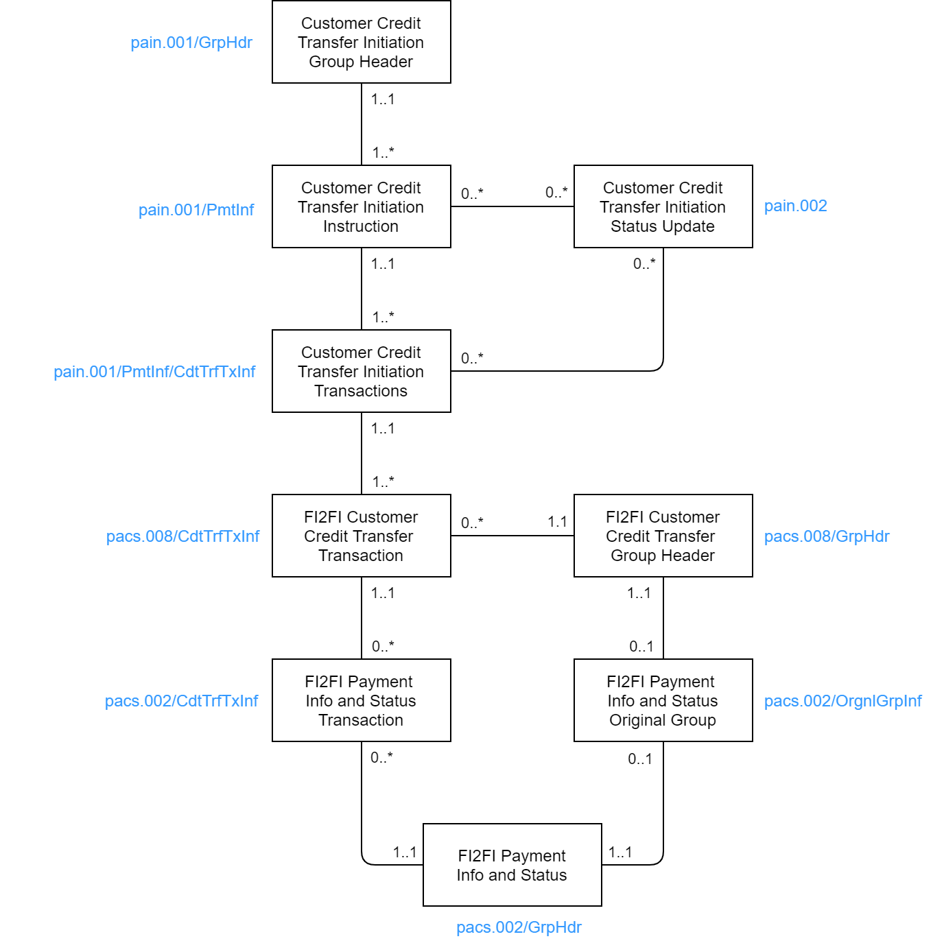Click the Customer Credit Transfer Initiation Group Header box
pos(361,43)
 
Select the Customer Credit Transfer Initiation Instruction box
pos(361,206)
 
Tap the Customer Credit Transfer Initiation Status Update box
pos(663,206)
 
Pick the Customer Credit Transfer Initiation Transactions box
pos(361,371)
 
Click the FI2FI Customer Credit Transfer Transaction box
pos(361,536)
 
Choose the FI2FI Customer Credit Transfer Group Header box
pos(663,536)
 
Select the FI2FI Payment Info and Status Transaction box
pos(361,700)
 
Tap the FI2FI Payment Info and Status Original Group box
pos(663,700)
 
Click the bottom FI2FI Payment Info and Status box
pos(512,865)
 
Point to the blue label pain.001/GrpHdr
pos(191,43)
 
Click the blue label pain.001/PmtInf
pos(196,210)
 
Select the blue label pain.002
pos(795,206)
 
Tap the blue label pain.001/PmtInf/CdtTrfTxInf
pos(154,372)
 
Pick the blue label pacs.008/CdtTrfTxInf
pos(182,536)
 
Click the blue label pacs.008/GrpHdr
pos(827,536)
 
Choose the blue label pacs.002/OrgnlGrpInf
pos(842,701)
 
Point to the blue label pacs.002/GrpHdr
pos(519,927)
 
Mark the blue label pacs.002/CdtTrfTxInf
pos(181,701)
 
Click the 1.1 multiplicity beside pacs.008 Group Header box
pos(557,522)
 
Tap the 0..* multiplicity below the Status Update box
pos(644,263)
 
